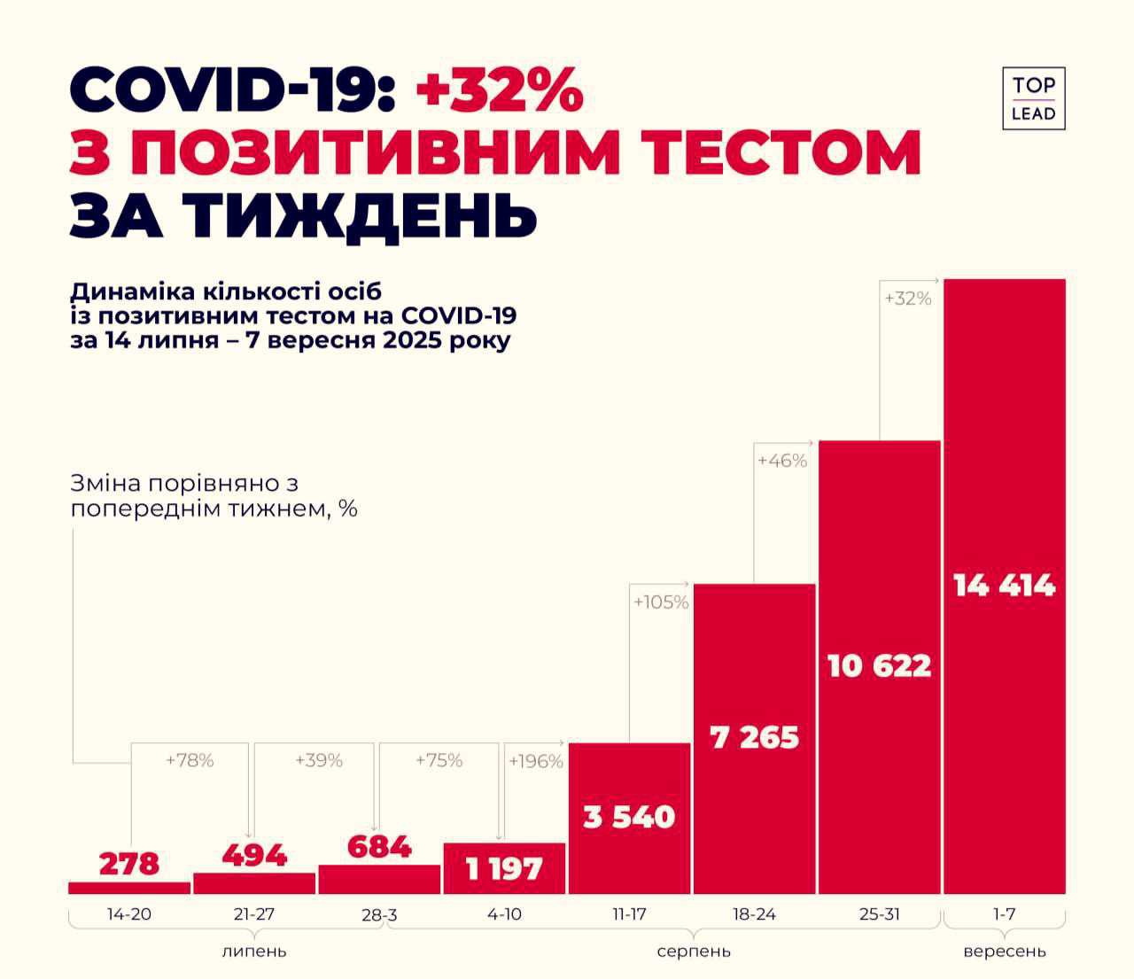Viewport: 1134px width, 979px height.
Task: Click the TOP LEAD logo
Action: point(1033,98)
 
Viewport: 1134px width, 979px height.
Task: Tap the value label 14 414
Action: point(1005,586)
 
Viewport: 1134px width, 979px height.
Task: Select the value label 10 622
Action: point(879,665)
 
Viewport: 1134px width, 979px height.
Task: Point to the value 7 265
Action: point(754,737)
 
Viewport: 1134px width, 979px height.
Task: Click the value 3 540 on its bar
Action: point(629,816)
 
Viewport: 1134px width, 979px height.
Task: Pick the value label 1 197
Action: point(504,869)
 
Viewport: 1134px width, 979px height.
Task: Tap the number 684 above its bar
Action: point(378,846)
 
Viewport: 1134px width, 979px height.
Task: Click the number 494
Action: point(254,856)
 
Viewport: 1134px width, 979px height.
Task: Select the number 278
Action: point(129,863)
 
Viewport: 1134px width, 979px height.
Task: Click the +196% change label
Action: point(536,761)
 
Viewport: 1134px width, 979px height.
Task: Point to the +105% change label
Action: point(661,602)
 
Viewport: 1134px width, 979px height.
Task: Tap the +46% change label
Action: point(782,461)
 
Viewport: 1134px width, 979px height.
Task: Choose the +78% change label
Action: point(190,760)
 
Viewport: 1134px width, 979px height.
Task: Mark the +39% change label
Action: point(318,760)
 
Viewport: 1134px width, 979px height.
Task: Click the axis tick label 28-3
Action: point(378,916)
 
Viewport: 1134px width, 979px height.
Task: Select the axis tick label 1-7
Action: point(1004,914)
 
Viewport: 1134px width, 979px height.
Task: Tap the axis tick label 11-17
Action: point(629,914)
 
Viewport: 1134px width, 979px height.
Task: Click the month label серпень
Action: point(694,952)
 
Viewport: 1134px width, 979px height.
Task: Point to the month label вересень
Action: point(1005,952)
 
